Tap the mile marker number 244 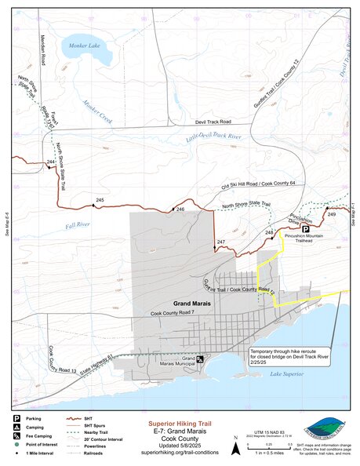point(50,162)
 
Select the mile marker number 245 point(99,201)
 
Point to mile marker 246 point(180,209)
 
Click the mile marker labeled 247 point(221,242)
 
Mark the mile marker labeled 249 point(331,214)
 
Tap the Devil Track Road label point(214,123)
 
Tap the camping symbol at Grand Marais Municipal point(201,359)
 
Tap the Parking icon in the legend point(16,418)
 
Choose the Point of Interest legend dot point(16,444)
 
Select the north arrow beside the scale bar point(237,448)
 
